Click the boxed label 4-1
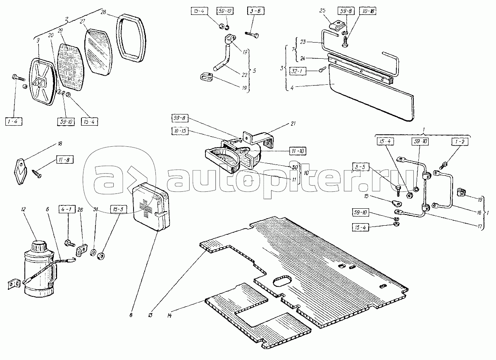click(67, 209)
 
